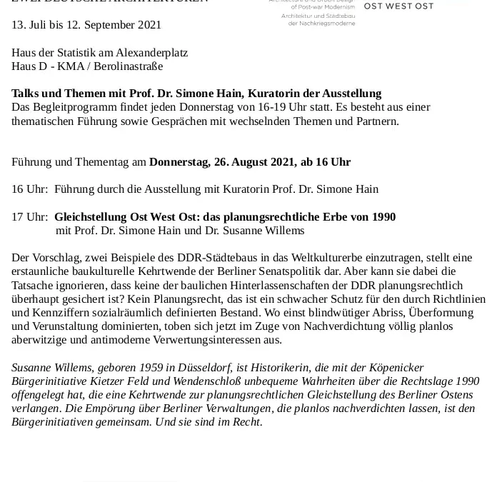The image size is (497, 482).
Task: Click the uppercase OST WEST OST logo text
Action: (398, 6)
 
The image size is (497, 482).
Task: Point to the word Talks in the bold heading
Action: (26, 94)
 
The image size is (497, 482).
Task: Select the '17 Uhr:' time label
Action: (30, 217)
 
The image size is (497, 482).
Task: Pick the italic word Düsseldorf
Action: (204, 368)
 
